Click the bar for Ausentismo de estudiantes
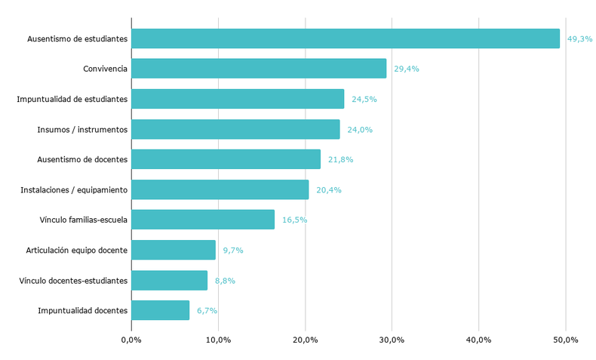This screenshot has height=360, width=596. tap(346, 38)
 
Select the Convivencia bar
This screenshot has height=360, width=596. tap(259, 69)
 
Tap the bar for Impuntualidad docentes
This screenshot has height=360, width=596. tap(160, 310)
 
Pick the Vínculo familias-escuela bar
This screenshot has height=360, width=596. tap(203, 220)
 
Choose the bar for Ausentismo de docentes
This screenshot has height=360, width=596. tap(226, 159)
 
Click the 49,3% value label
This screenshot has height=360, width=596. tap(579, 38)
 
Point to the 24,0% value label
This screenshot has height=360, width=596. tap(360, 129)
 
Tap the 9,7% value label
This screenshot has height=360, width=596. tap(233, 250)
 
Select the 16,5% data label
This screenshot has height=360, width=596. tap(294, 220)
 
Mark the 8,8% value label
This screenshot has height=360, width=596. tap(225, 280)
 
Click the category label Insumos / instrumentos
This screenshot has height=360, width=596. tap(82, 129)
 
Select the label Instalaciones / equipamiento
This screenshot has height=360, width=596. tap(74, 189)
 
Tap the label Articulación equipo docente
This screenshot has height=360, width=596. tap(77, 250)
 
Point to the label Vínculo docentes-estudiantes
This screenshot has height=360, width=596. tap(73, 280)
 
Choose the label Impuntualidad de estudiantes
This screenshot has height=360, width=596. tap(72, 99)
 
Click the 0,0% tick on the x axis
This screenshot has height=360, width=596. tap(131, 340)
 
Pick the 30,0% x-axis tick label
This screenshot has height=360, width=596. tap(392, 340)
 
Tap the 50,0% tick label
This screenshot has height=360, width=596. tap(565, 340)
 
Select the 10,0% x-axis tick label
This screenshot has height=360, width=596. tap(218, 340)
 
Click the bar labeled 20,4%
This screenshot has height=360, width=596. tap(220, 189)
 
